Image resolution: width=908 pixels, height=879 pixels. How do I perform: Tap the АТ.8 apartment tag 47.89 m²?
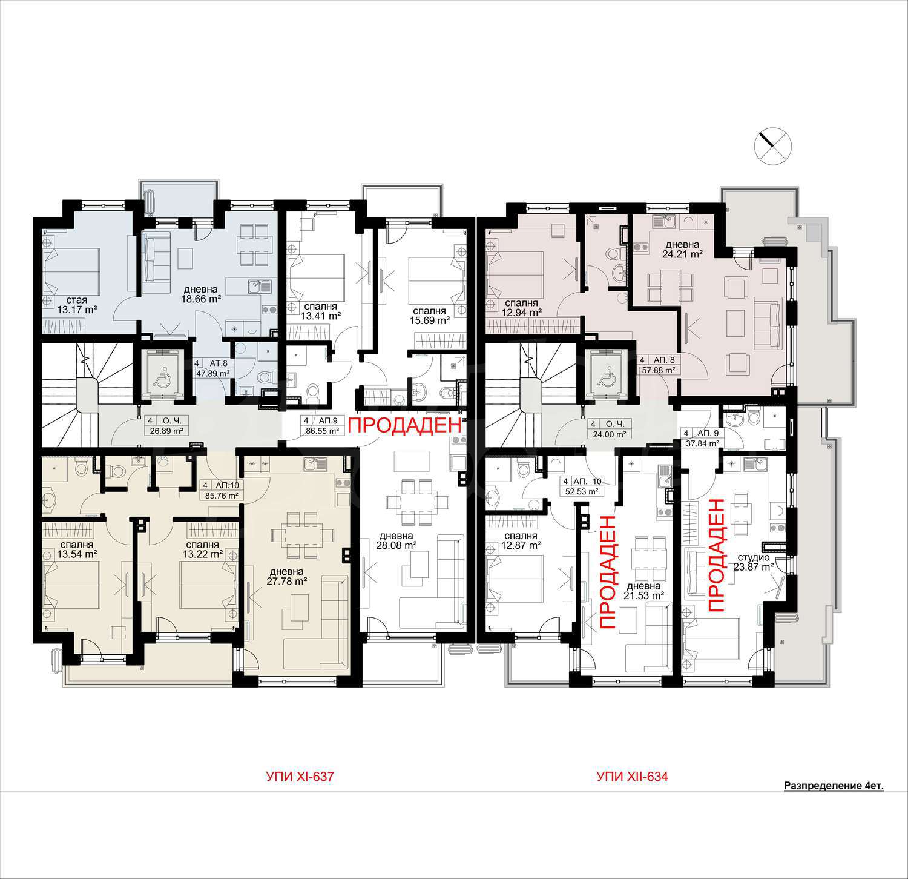(211, 368)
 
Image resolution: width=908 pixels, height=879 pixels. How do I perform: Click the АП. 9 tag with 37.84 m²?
(700, 438)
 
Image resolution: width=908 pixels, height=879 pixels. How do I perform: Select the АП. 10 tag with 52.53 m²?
(582, 486)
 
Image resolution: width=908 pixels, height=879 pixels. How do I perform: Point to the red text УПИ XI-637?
(300, 776)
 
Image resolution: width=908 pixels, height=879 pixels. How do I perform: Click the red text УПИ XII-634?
(632, 776)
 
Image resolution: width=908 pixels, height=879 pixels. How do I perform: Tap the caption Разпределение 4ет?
(834, 786)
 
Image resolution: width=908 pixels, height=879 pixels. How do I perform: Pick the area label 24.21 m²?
(682, 254)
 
